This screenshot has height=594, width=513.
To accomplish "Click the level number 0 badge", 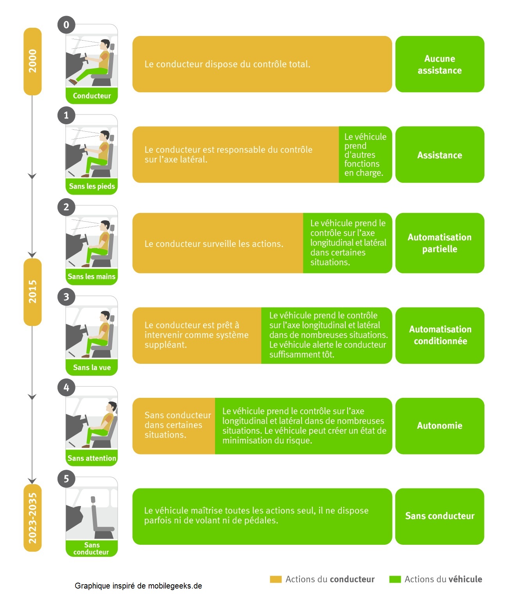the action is click(66, 25).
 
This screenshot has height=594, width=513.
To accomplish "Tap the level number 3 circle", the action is click(66, 297).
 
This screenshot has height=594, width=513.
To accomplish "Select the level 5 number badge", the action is click(66, 478).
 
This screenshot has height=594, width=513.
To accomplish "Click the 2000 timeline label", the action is click(32, 61).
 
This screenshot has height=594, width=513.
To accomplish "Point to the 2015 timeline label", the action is click(32, 292).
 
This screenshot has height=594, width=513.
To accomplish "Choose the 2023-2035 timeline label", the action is click(32, 517).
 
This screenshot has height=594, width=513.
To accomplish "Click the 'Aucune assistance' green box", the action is click(439, 64).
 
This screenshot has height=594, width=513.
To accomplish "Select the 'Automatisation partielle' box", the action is click(439, 243).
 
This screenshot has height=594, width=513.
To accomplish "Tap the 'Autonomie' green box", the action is click(439, 426).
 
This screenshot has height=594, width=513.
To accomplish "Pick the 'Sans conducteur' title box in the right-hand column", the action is click(439, 516).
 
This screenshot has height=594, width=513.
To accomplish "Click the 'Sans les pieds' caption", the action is click(92, 186).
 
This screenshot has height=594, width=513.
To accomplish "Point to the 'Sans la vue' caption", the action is click(92, 367).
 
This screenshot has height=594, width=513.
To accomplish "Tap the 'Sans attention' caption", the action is click(92, 458).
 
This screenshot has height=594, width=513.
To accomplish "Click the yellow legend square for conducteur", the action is click(276, 579).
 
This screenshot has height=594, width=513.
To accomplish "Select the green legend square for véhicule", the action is click(395, 579).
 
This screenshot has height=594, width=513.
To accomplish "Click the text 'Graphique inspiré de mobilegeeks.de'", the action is click(138, 586).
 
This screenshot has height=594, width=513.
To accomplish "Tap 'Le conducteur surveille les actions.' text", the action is click(214, 244).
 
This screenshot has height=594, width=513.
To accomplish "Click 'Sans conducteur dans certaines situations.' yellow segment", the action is click(174, 426).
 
